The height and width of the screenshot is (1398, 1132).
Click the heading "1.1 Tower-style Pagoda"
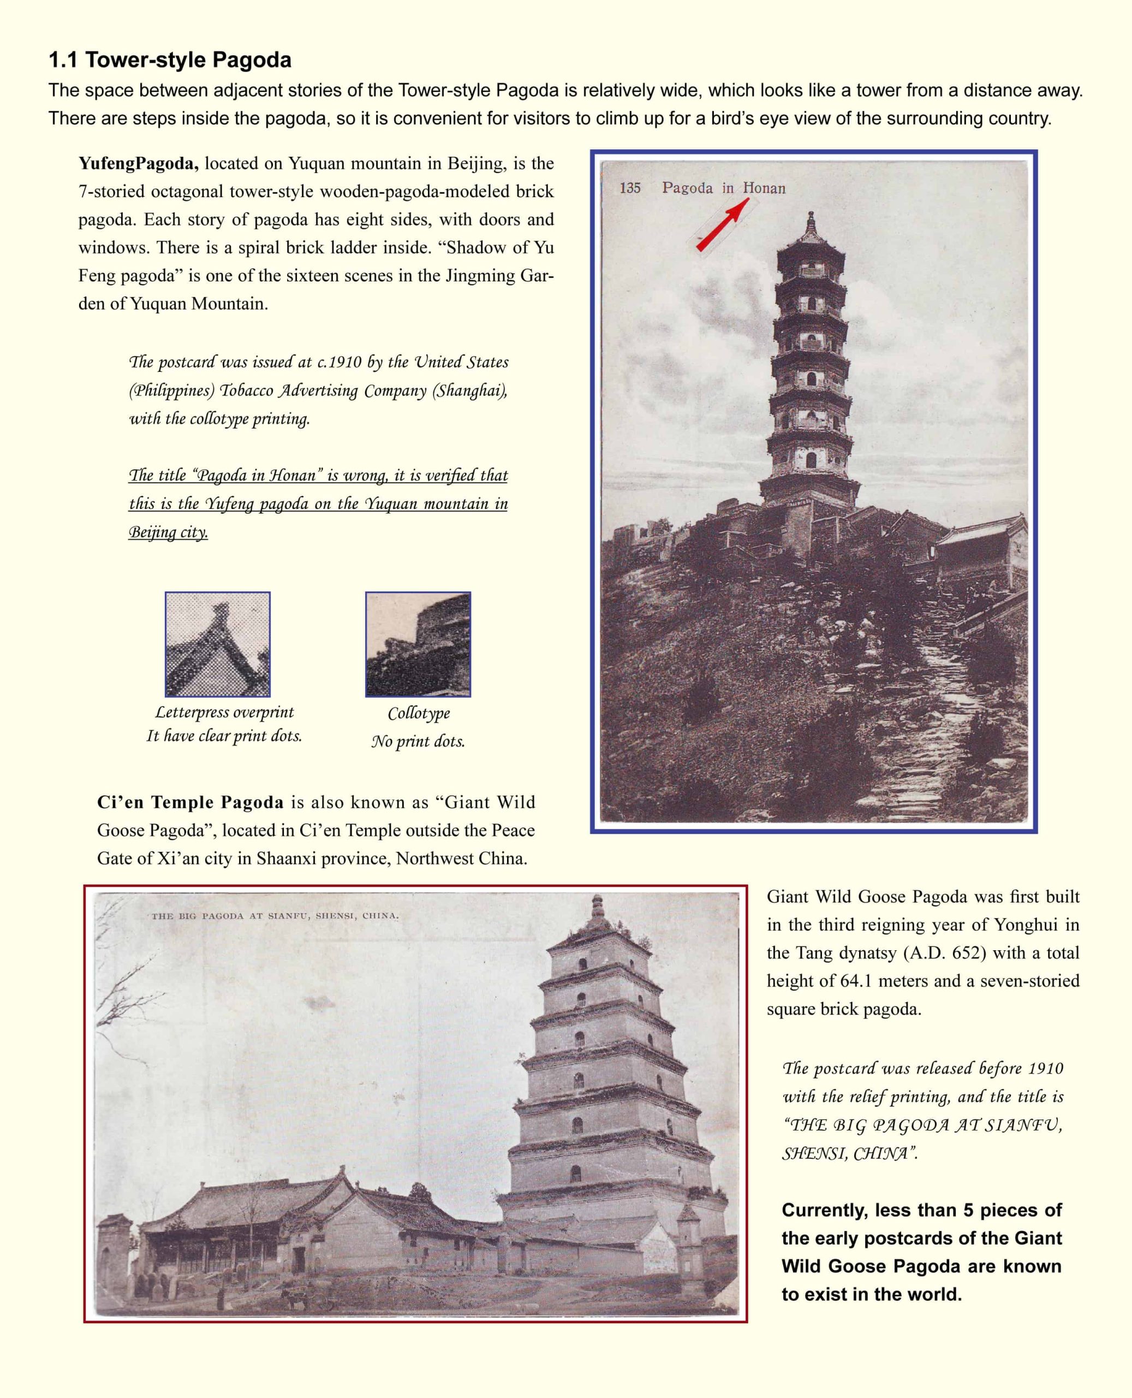coord(170,60)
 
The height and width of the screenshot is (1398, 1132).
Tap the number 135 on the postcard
coord(630,188)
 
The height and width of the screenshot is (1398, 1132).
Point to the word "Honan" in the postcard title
coord(764,188)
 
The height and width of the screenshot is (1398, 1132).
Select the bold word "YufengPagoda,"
coord(138,163)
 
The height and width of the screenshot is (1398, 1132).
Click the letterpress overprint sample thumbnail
coord(218,644)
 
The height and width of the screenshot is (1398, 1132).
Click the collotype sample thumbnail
coord(418,644)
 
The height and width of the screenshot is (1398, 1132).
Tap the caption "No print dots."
coord(418,741)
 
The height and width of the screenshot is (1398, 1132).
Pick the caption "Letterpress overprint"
coord(224,712)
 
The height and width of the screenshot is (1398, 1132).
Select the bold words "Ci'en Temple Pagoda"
coord(190,802)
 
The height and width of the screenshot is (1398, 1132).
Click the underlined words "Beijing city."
coord(168,532)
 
